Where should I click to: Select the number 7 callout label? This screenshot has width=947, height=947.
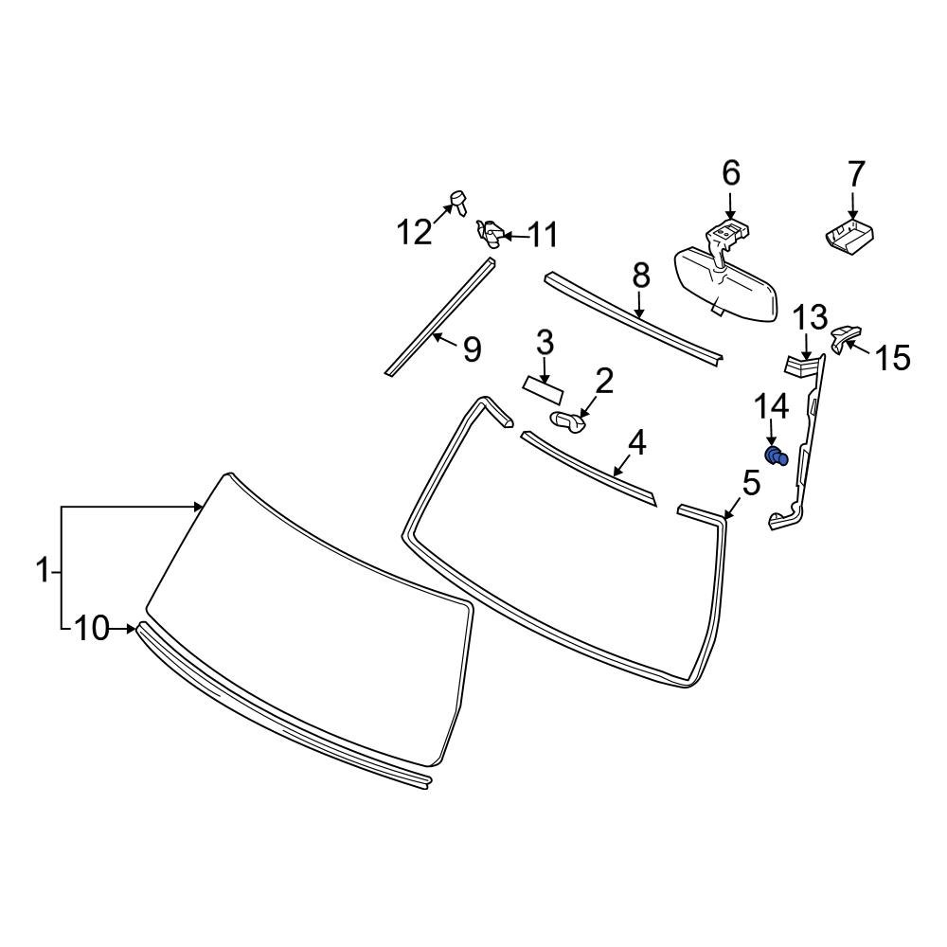coord(854,174)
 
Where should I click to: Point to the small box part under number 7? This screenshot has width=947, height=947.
coord(850,236)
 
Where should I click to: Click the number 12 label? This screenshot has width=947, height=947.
coord(414,231)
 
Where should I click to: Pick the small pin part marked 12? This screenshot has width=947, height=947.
coord(459,200)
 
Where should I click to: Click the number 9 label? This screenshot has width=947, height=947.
coord(471,349)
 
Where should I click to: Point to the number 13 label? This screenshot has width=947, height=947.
coord(809,317)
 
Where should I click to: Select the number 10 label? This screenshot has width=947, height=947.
coord(92,629)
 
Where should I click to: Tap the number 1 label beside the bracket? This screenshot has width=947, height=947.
coord(42,571)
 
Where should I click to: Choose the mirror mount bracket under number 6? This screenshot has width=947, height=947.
coord(725,236)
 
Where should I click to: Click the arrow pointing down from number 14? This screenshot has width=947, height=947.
coord(772,435)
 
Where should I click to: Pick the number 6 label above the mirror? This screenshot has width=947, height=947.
coord(730,173)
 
